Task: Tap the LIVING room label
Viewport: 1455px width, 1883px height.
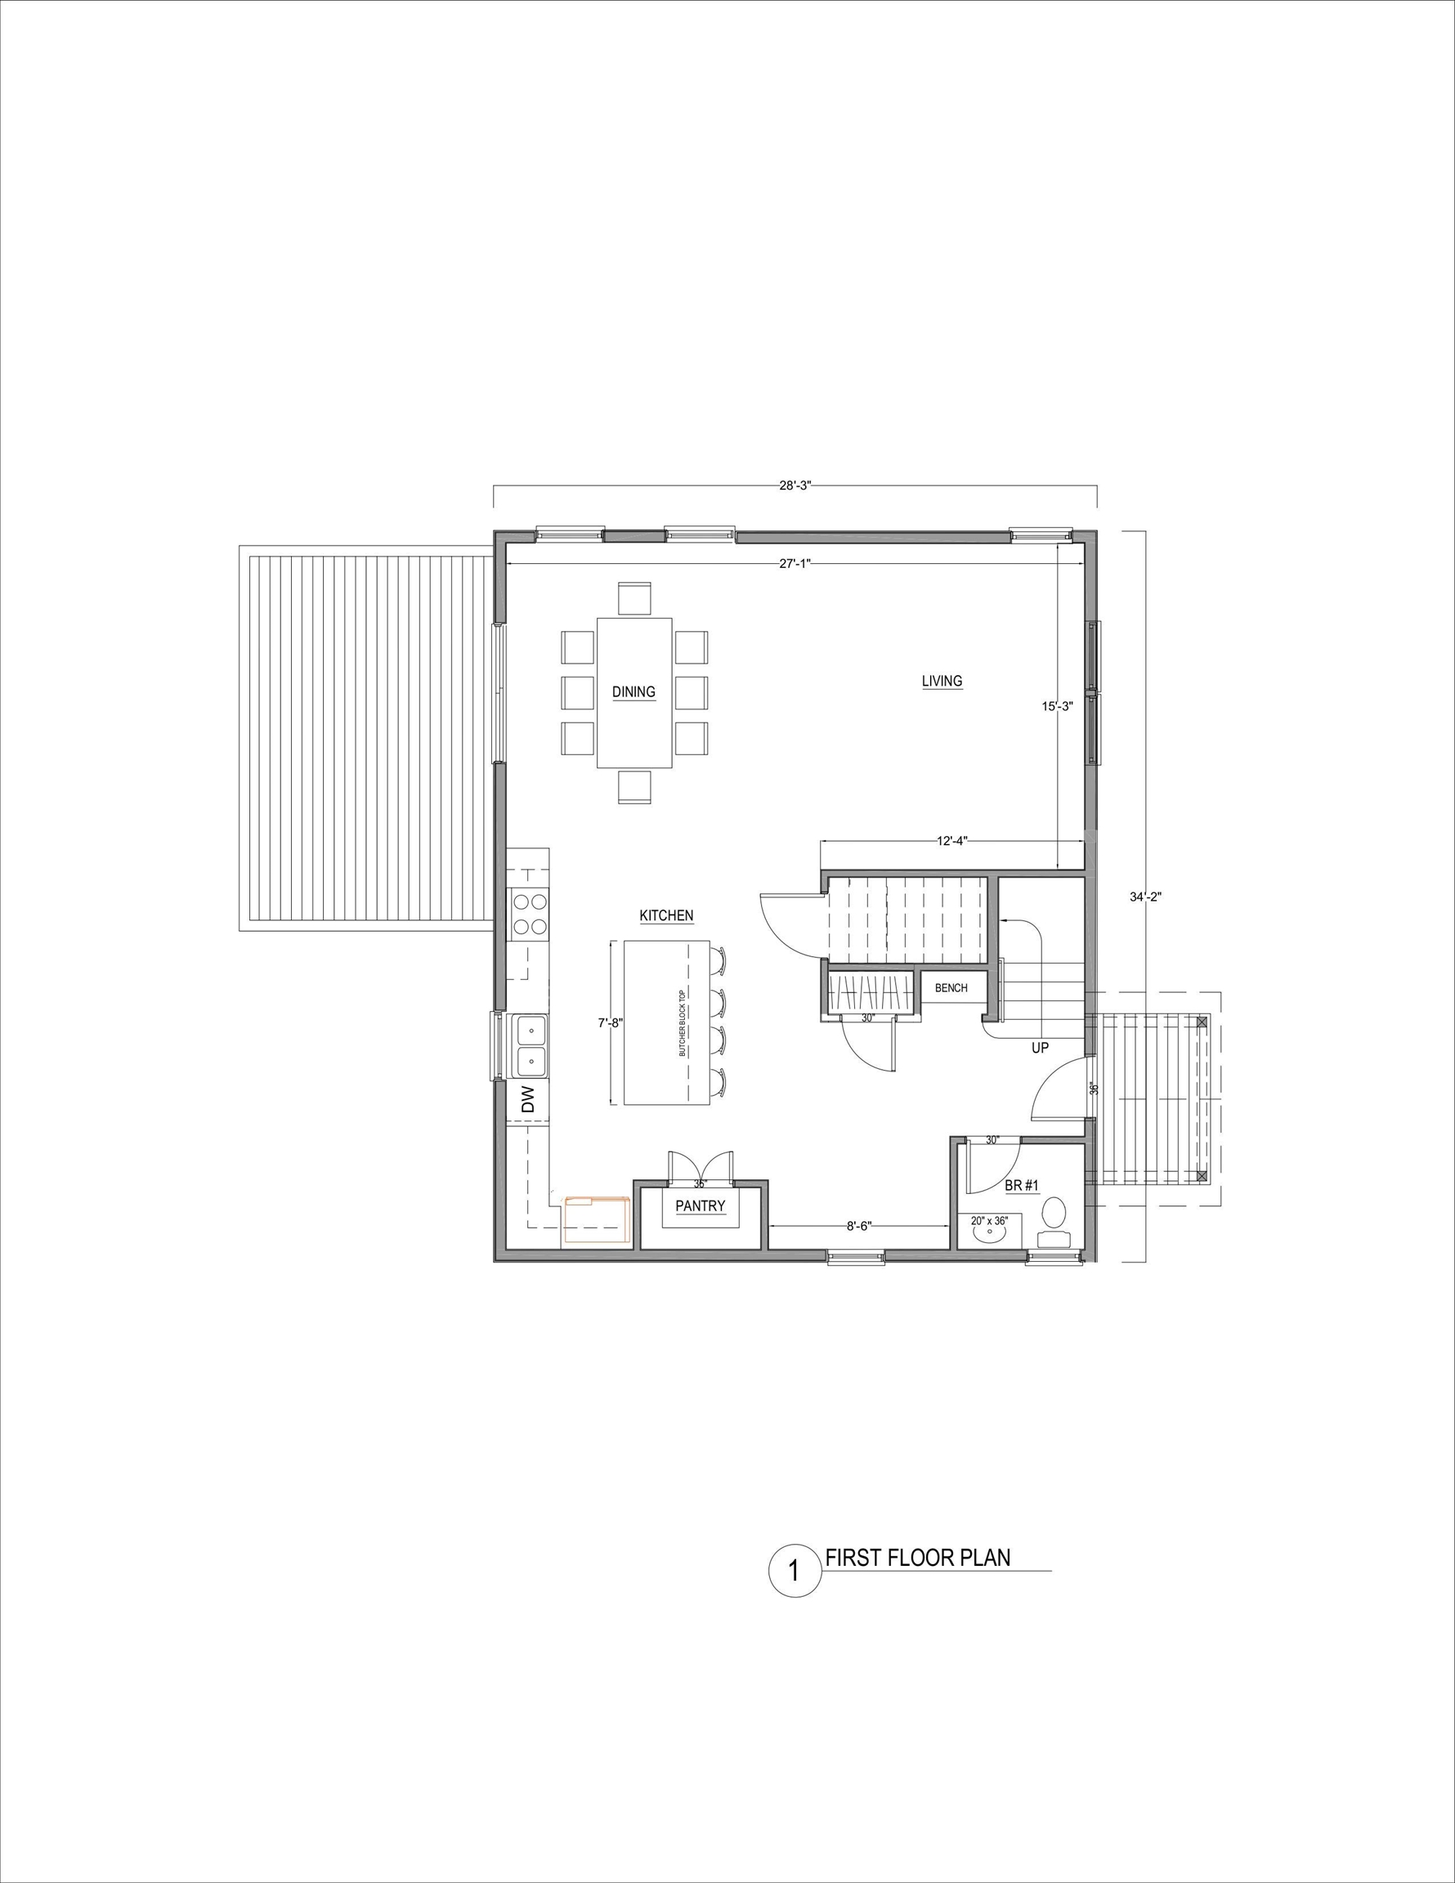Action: (x=942, y=681)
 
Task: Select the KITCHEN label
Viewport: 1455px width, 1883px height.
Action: (x=666, y=915)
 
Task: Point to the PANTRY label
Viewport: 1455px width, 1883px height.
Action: (x=700, y=1206)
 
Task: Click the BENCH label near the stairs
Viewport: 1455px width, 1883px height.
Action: (x=951, y=988)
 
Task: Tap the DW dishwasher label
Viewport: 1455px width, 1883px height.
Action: (x=528, y=1099)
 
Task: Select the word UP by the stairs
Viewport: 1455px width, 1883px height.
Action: (x=1040, y=1049)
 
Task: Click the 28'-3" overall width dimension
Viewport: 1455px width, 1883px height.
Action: (x=795, y=485)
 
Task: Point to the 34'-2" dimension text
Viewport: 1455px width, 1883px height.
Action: (x=1146, y=897)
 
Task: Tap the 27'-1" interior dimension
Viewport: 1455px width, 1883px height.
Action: (x=795, y=563)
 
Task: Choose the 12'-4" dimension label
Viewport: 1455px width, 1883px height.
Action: (x=952, y=841)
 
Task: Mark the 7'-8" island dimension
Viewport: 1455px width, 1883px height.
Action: (x=611, y=1023)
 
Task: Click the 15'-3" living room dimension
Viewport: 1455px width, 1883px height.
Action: (x=1058, y=706)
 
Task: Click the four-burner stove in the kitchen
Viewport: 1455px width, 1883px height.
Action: (x=530, y=915)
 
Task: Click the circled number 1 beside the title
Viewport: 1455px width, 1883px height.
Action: (x=795, y=1569)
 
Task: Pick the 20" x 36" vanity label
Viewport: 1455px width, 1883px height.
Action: (x=988, y=1221)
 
